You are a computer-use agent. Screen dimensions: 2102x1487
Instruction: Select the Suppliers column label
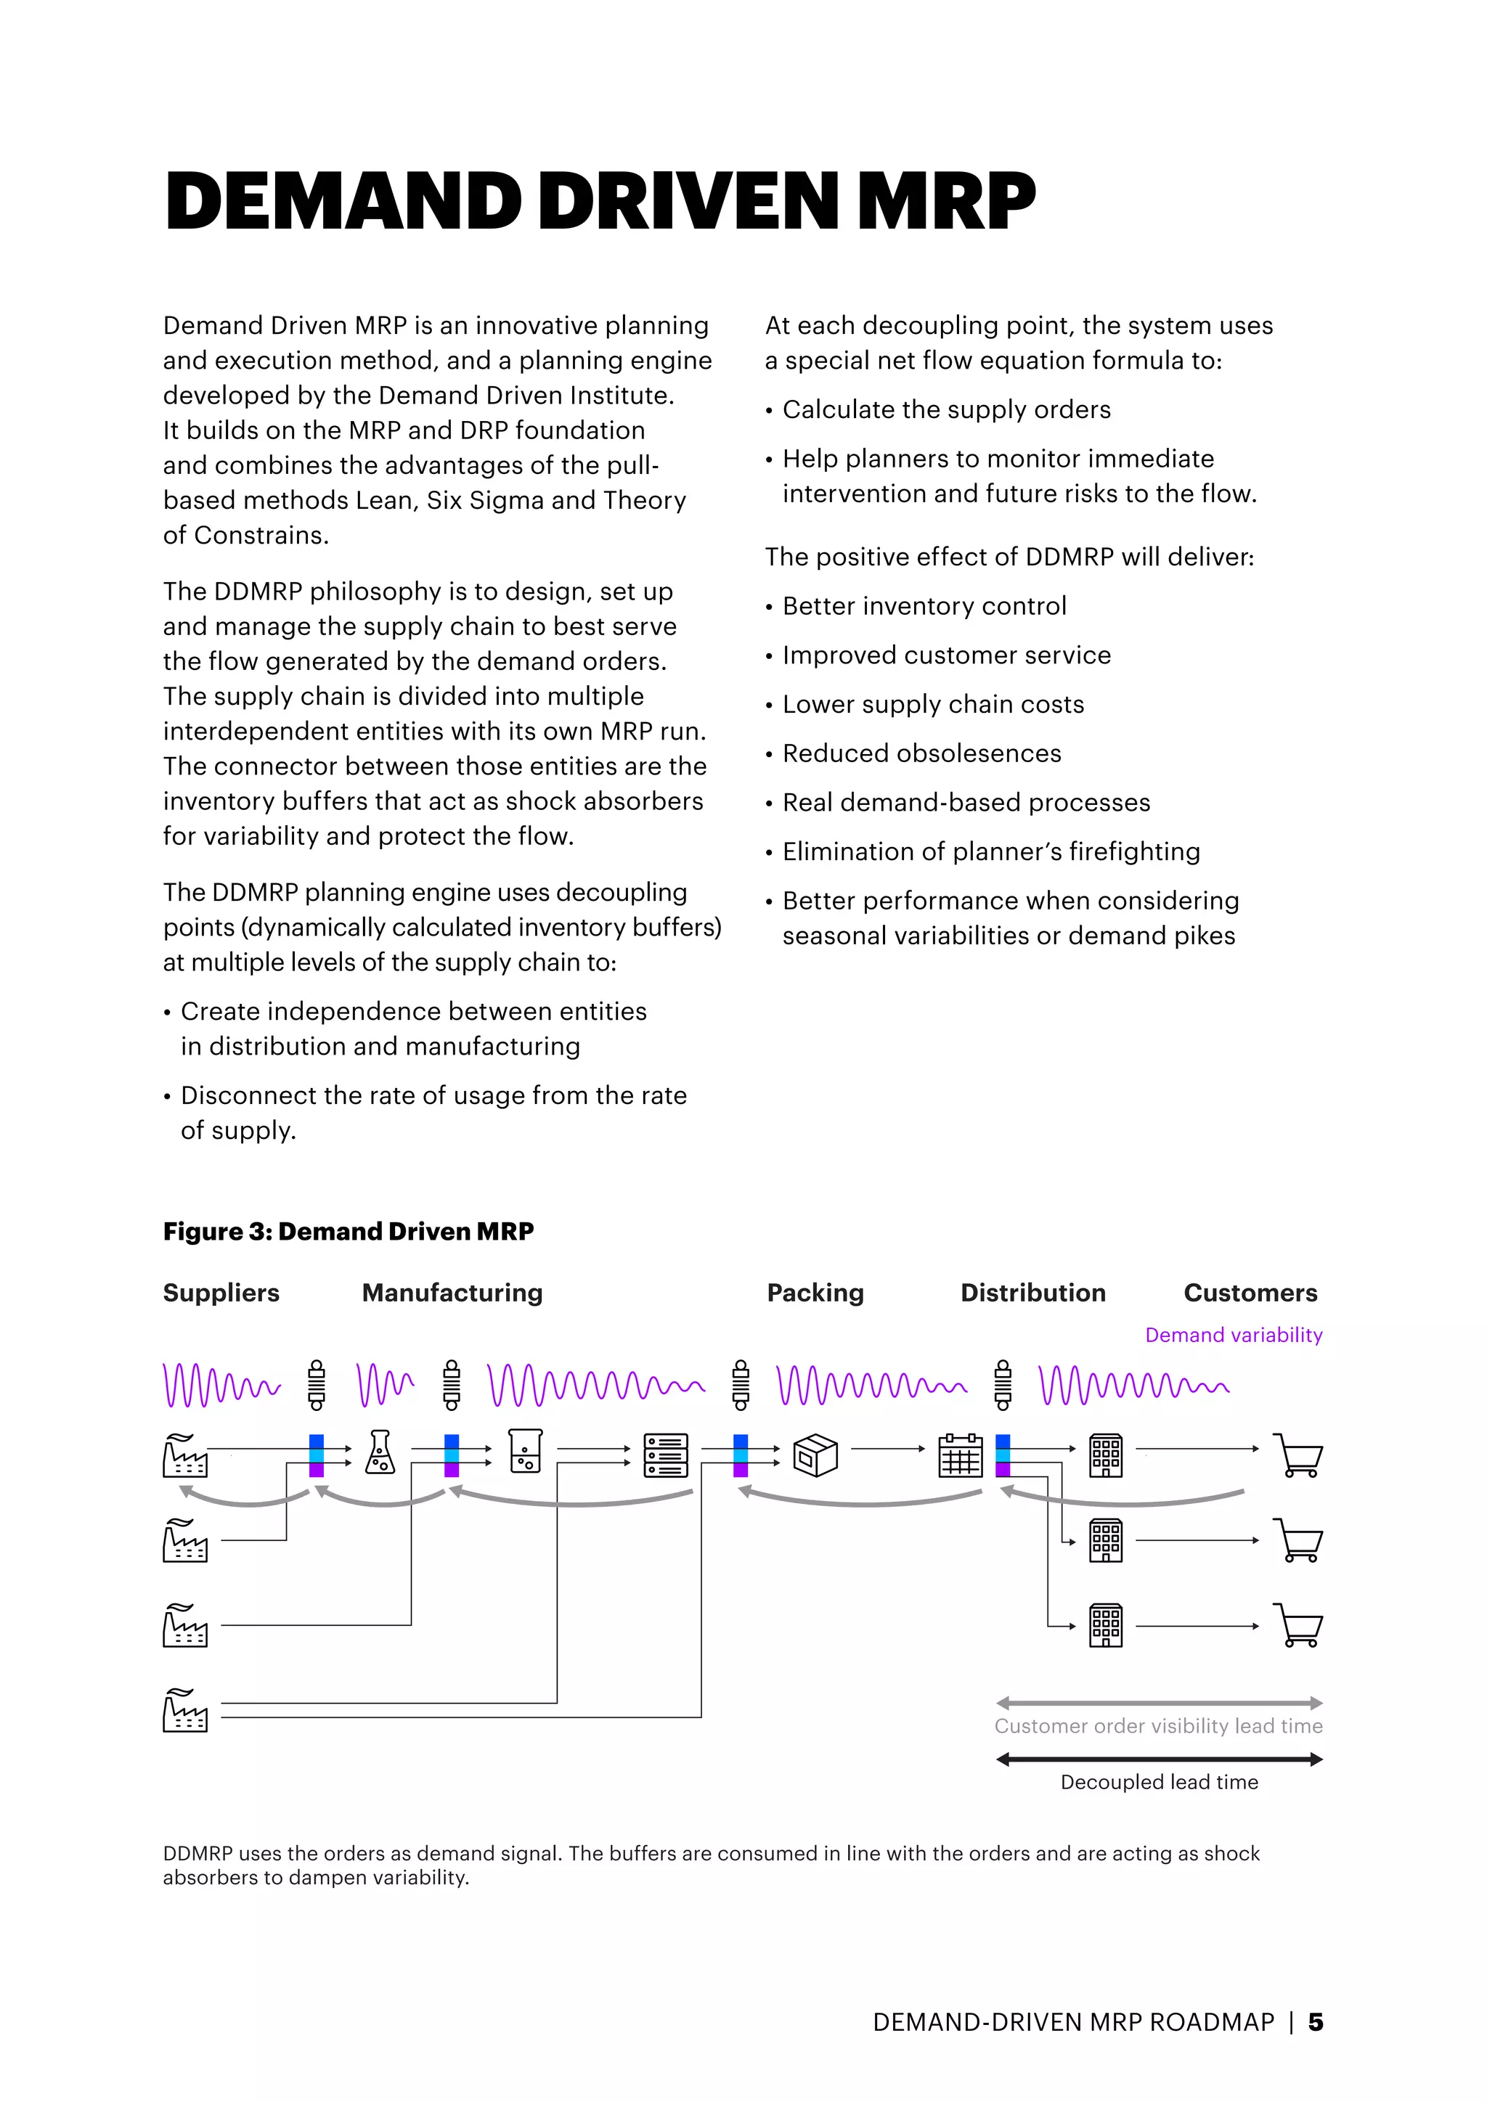[221, 1293]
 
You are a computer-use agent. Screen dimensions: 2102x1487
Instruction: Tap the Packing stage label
[815, 1293]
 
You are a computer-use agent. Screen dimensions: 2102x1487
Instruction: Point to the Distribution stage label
[1033, 1293]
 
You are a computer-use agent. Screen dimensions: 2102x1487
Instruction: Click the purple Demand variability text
[1234, 1335]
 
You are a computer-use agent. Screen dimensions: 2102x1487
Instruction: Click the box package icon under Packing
[815, 1455]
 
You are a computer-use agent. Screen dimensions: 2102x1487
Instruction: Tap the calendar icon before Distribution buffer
[961, 1455]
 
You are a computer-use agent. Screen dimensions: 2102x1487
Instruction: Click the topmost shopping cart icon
[1299, 1455]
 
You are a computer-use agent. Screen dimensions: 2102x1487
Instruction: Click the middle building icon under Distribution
[1106, 1540]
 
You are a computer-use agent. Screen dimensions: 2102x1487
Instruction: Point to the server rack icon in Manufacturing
[666, 1455]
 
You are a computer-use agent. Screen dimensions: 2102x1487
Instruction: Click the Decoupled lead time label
[1160, 1782]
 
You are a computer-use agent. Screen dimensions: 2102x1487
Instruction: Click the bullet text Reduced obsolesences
[921, 753]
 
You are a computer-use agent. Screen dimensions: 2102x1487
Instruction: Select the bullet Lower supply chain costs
[932, 704]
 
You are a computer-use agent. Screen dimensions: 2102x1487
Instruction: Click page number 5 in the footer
[1316, 2021]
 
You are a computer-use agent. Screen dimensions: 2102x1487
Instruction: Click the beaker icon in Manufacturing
[526, 1451]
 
